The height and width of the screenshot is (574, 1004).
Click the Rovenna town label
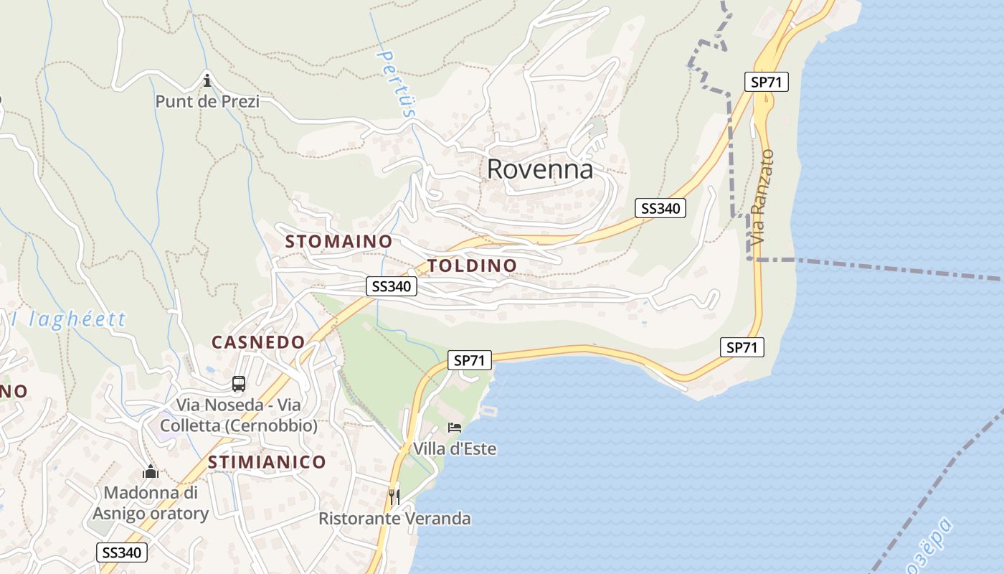coord(540,169)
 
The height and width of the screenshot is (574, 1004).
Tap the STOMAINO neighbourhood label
coord(338,242)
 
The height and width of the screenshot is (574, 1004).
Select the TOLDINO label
coord(472,265)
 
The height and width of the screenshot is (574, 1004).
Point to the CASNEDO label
coord(258,342)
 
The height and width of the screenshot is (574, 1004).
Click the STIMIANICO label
coord(267,462)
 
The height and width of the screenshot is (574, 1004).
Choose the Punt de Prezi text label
coord(207,101)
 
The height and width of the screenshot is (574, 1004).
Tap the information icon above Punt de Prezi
coord(207,79)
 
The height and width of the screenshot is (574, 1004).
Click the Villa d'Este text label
coord(455,449)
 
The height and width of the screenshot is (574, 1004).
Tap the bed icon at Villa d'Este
coord(455,428)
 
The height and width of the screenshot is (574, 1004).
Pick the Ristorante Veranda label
coord(394,518)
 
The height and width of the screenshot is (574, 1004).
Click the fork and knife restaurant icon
coord(394,497)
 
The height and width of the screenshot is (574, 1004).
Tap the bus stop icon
coord(239,384)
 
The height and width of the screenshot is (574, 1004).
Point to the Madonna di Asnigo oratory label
coord(151,503)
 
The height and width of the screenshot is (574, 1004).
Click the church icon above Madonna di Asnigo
coord(151,472)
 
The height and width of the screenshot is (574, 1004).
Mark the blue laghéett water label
coord(68,319)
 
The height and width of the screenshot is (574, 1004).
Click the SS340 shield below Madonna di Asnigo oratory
coord(122,552)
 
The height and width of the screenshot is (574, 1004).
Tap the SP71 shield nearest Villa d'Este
coord(470,360)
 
